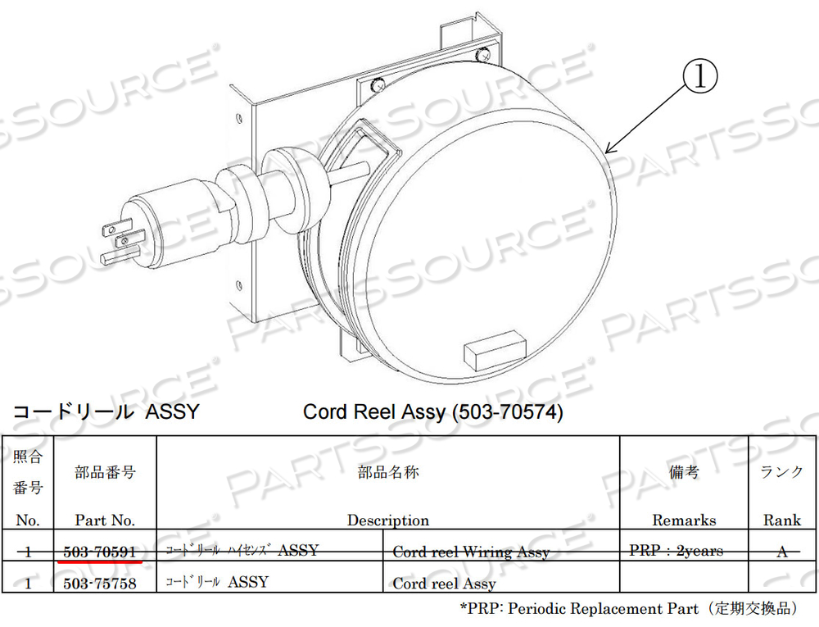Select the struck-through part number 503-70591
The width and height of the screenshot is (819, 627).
pyautogui.click(x=100, y=552)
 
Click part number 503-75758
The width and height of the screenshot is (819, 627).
pyautogui.click(x=100, y=584)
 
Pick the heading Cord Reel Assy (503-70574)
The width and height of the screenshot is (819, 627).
pyautogui.click(x=433, y=411)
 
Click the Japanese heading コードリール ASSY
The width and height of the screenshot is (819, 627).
pyautogui.click(x=105, y=411)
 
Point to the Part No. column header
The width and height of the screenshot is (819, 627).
pyautogui.click(x=104, y=520)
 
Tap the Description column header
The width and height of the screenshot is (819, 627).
pyautogui.click(x=387, y=520)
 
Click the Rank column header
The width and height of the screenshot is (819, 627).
pyautogui.click(x=781, y=520)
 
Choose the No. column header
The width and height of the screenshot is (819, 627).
pyautogui.click(x=27, y=520)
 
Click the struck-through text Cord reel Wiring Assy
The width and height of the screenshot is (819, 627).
pyautogui.click(x=470, y=552)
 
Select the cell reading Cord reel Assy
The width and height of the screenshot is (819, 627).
pyautogui.click(x=444, y=584)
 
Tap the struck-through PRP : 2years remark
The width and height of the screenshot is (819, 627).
pyautogui.click(x=676, y=551)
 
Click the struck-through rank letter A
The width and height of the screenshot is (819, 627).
pyautogui.click(x=782, y=552)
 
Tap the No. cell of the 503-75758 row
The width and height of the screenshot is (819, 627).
pyautogui.click(x=28, y=584)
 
